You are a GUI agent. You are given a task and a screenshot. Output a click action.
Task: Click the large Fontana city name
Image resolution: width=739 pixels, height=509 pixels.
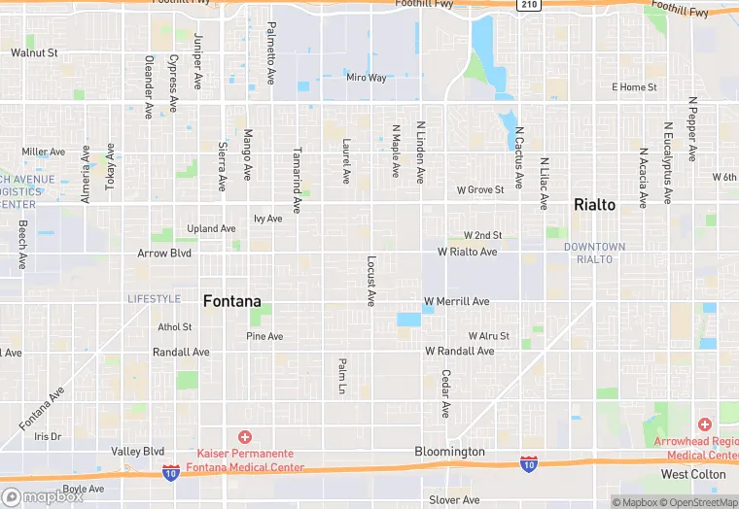coord(231,301)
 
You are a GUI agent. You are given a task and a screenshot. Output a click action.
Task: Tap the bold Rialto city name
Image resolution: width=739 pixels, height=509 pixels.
coord(595,205)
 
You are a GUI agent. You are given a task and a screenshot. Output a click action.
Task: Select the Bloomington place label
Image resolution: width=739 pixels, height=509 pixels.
coord(449,452)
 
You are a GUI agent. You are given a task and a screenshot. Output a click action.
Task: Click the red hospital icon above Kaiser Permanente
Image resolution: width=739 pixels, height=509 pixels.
coord(245,437)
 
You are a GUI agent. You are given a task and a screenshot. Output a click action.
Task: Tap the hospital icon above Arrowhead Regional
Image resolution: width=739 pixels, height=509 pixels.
coord(704,424)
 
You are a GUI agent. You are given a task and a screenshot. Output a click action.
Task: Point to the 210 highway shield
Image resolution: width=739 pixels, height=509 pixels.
coord(529,5)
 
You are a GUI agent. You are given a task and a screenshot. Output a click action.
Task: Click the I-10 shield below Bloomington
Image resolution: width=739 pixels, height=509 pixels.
coord(528,465)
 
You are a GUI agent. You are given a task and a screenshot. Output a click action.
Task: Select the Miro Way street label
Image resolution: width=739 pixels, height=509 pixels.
coord(367,78)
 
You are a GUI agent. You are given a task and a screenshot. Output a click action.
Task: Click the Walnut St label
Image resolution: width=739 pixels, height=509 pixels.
coord(35,52)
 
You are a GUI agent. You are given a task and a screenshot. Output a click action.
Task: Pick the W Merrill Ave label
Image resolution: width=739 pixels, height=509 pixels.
coord(457,301)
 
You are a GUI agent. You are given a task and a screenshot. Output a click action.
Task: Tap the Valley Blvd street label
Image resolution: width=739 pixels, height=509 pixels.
coord(137,452)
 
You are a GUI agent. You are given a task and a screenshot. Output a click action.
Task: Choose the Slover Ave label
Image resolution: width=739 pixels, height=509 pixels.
coord(454,500)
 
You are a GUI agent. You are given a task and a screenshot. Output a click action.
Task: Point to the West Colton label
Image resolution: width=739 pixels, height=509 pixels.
coord(693,475)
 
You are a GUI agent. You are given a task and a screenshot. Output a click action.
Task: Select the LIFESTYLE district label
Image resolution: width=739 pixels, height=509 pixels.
coord(154,298)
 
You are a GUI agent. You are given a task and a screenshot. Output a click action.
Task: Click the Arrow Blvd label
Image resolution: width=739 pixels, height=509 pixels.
coord(164,253)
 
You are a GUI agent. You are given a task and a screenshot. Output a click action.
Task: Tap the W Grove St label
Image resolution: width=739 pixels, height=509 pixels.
coord(480,189)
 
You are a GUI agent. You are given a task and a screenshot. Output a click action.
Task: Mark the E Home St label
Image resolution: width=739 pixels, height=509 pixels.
coord(634,87)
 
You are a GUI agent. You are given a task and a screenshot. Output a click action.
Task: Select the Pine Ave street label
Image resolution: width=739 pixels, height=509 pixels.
coord(264,336)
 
